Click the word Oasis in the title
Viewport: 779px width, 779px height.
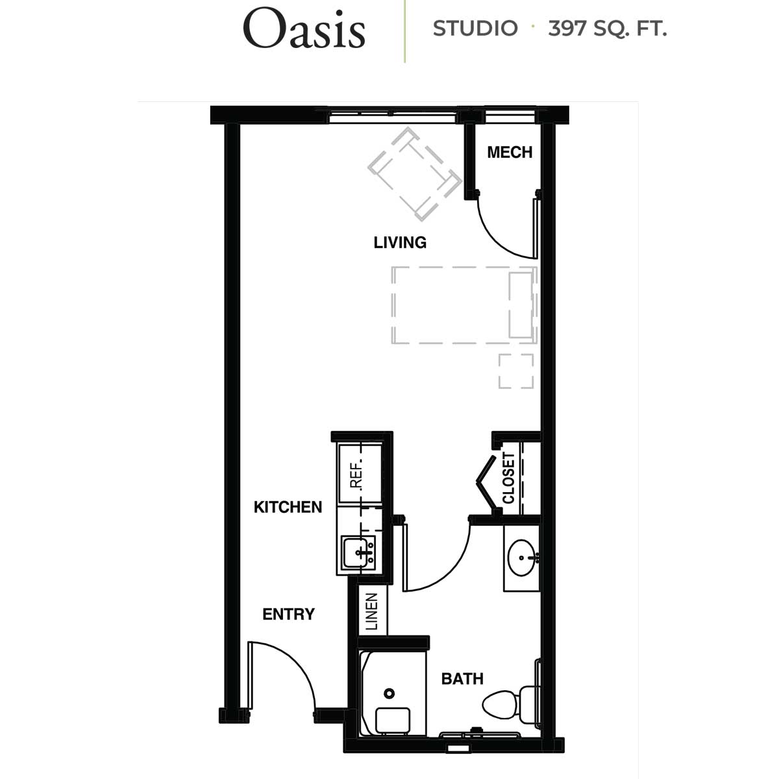pyautogui.click(x=304, y=29)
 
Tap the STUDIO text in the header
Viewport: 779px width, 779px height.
pyautogui.click(x=475, y=29)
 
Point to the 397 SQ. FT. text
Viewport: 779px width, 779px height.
pyautogui.click(x=607, y=29)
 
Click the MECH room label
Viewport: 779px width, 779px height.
pyautogui.click(x=510, y=153)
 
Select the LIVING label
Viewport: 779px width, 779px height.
pyautogui.click(x=400, y=243)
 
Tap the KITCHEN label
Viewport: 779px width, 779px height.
pyautogui.click(x=288, y=507)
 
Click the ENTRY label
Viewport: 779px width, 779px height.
pyautogui.click(x=288, y=614)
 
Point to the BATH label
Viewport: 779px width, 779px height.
pyautogui.click(x=462, y=679)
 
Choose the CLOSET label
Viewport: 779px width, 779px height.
pyautogui.click(x=508, y=478)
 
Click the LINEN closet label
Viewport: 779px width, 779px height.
pyautogui.click(x=371, y=612)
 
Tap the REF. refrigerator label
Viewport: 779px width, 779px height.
pyautogui.click(x=357, y=473)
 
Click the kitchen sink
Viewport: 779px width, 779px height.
pyautogui.click(x=358, y=552)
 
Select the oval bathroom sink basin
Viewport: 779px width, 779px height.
pyautogui.click(x=521, y=558)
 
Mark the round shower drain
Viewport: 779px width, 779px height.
pyautogui.click(x=389, y=694)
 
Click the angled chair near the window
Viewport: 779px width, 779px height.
pyautogui.click(x=414, y=174)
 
